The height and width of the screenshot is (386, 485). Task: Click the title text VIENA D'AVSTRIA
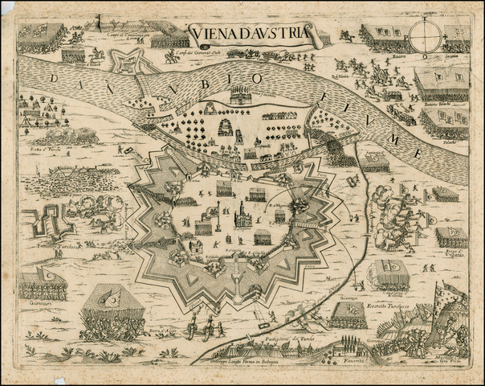(x=248, y=34)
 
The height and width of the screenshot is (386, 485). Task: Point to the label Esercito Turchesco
(x=393, y=308)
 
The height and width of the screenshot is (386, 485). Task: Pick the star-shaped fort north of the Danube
(x=128, y=62)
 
